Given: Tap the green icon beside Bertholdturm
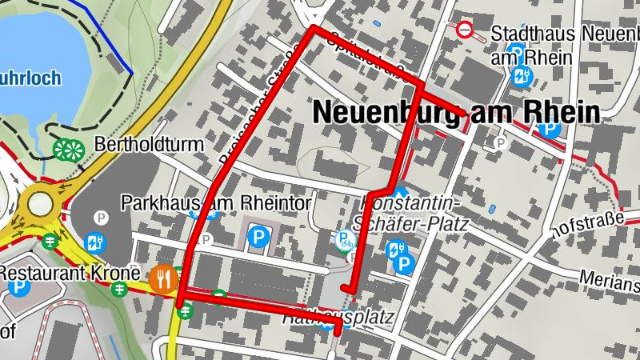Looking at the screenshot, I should tap(68, 149).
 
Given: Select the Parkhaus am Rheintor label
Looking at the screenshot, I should tap(215, 203).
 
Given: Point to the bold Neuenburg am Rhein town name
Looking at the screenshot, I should tap(456, 112).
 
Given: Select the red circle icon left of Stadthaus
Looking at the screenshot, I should tap(466, 31).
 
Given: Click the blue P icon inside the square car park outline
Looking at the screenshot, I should tap(258, 236).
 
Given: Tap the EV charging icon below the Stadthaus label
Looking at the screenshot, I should tap(522, 77).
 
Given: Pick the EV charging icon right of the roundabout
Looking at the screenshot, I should tap(95, 240).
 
